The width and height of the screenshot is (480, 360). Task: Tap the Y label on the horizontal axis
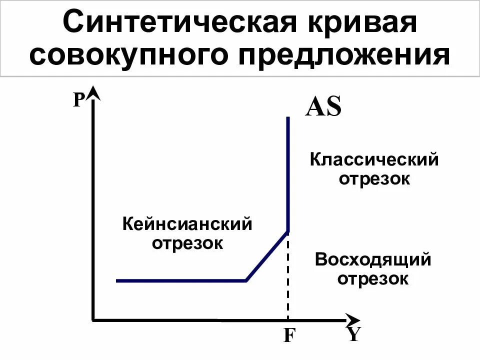coord(354,334)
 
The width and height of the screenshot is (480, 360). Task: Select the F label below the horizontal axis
coord(288,335)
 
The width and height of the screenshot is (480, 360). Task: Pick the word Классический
coord(374,160)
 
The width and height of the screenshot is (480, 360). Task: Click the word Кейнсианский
coord(187,224)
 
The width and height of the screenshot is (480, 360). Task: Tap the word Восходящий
coord(373,260)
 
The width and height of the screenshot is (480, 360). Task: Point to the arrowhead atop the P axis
coord(93,93)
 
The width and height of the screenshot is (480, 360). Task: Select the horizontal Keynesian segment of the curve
coord(180,281)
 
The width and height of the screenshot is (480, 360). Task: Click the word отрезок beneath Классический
coord(374,179)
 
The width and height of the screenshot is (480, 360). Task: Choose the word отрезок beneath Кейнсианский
coord(187,243)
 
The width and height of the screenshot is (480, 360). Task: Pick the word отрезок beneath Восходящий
coord(373,279)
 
